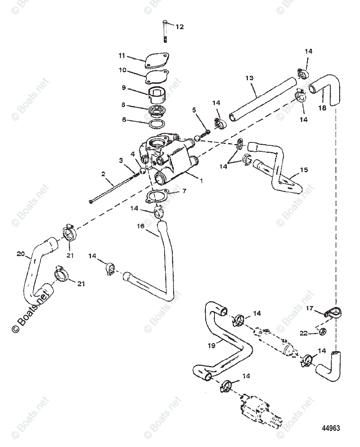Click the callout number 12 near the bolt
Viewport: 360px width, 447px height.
point(180,27)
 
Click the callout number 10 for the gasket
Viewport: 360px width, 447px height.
point(122,70)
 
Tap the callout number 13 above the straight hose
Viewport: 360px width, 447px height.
point(249,78)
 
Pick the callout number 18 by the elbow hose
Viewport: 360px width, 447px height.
point(322,108)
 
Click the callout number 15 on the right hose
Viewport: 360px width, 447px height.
point(305,170)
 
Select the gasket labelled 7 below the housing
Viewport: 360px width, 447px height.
point(157,196)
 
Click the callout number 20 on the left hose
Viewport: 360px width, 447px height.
point(20,254)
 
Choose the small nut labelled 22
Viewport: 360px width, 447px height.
point(323,330)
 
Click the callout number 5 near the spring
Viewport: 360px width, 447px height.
point(194,110)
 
